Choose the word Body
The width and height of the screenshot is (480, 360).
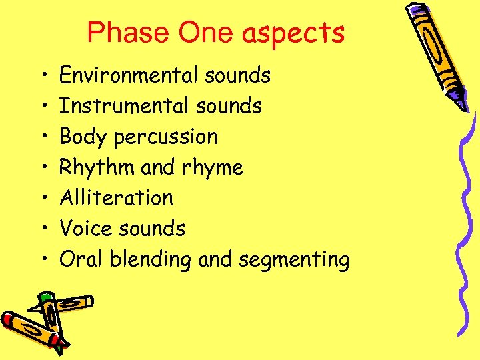point(83,137)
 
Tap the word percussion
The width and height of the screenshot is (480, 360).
point(166,137)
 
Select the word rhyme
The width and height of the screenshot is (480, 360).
point(211,168)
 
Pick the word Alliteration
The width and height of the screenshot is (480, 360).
point(116,197)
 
